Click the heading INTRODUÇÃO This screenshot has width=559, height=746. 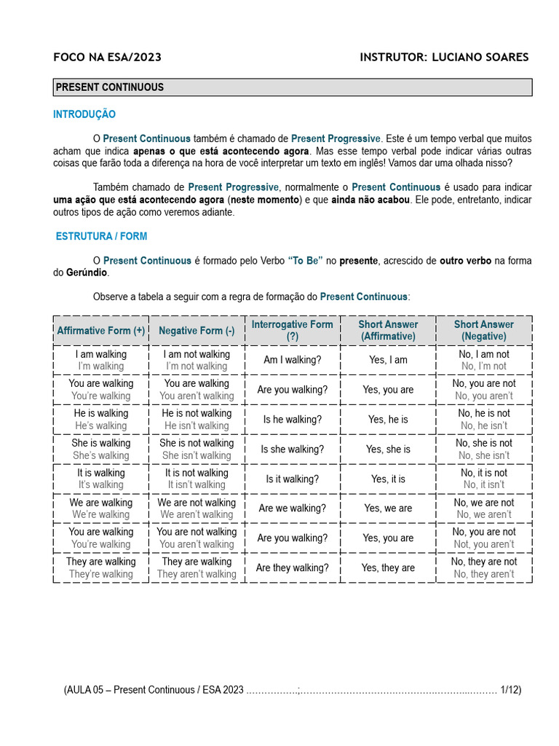click(84, 114)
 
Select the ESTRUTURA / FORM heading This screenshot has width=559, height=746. click(101, 237)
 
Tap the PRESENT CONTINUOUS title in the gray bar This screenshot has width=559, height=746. click(109, 87)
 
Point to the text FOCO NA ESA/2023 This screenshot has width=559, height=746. click(108, 58)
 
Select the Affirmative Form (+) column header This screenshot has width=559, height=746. click(101, 331)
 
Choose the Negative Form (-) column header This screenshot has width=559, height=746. click(197, 331)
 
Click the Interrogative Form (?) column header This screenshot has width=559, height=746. click(292, 330)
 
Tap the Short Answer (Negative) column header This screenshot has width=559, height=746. click(484, 330)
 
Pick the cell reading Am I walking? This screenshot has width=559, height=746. click(292, 360)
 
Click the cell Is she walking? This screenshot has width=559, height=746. click(292, 449)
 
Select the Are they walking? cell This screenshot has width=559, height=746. click(292, 568)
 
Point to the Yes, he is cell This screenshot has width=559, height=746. click(388, 420)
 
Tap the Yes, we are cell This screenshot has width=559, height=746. click(388, 509)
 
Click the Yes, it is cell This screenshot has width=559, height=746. click(388, 479)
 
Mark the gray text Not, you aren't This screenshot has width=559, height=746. click(484, 544)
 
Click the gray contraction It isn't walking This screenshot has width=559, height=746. click(197, 484)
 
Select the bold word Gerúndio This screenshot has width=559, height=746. click(87, 272)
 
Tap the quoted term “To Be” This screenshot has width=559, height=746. click(305, 261)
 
